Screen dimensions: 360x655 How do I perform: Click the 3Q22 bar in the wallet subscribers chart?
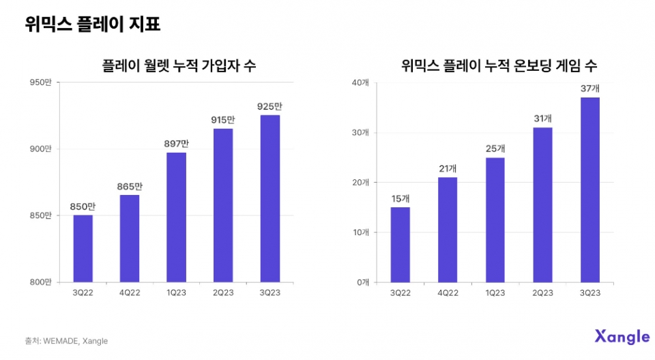83,248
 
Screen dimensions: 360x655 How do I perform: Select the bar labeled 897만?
176,217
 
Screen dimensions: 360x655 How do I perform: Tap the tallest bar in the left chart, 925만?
270,198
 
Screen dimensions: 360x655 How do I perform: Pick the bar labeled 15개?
401,244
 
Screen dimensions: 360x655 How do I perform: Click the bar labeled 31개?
542,205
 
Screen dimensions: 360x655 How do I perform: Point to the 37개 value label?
589,88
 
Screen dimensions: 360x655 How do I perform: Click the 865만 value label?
130,186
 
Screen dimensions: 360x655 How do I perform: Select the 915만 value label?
223,120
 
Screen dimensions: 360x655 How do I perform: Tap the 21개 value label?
448,168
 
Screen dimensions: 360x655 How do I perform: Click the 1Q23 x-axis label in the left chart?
176,293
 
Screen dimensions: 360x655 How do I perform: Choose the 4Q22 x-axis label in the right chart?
448,293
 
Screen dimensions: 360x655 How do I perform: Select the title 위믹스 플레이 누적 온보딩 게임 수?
499,65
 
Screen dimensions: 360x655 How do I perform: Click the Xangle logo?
622,337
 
